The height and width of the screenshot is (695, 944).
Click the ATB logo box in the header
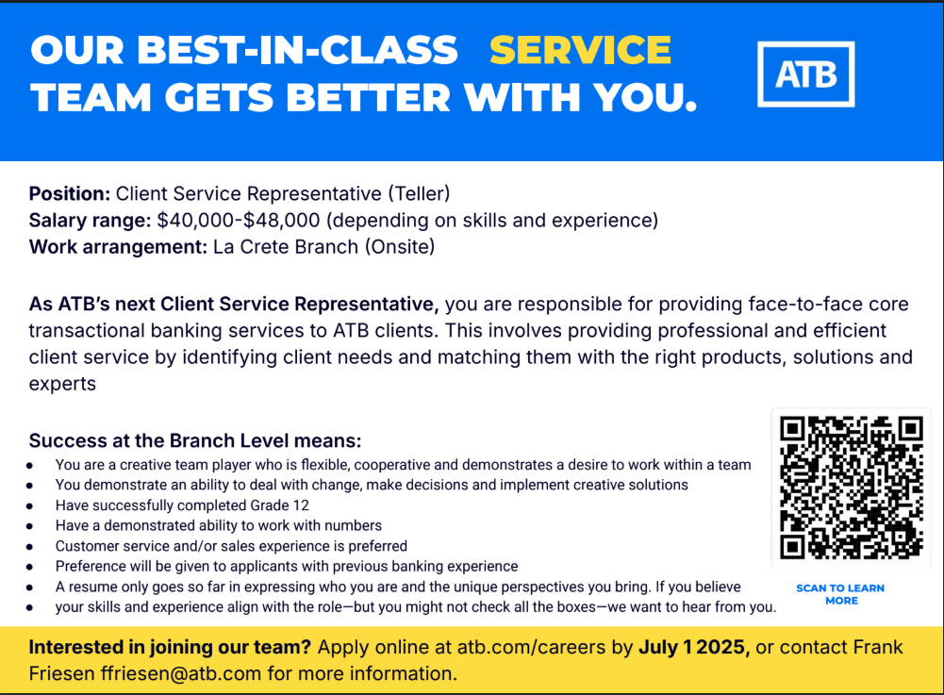point(805,74)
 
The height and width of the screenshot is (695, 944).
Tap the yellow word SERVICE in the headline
point(580,49)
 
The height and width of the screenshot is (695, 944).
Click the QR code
point(852,488)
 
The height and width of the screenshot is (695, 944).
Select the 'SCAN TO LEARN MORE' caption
point(840,594)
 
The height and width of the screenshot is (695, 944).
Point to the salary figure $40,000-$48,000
point(239,221)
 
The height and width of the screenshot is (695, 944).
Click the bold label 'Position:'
point(70,194)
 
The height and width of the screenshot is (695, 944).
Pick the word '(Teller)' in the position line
point(419,194)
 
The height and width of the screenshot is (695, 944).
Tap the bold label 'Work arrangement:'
point(118,247)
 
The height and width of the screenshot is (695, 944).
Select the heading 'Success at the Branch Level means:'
point(195,440)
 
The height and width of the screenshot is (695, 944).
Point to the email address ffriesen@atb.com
point(181,673)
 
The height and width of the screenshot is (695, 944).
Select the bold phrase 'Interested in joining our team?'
point(170,648)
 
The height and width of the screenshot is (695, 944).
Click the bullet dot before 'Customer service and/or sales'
point(29,547)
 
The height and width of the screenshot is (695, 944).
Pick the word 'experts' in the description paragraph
point(62,385)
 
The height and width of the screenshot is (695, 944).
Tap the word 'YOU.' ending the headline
point(645,97)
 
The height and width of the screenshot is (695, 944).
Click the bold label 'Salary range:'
point(91,221)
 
